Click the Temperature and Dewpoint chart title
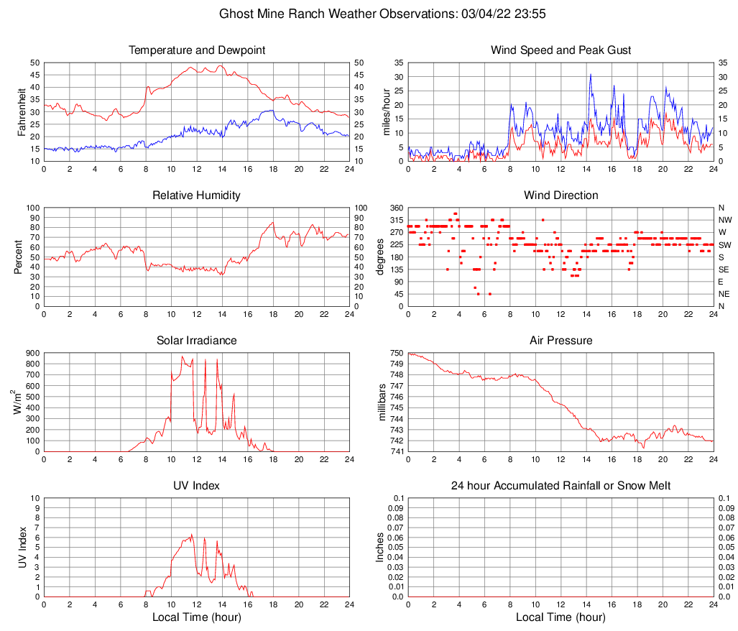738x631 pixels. [x=196, y=50]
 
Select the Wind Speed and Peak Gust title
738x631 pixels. [x=561, y=50]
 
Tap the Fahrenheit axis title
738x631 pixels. [x=22, y=111]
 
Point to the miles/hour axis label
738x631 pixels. [x=386, y=111]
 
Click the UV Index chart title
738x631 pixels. [x=196, y=486]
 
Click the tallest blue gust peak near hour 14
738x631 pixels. [x=591, y=74]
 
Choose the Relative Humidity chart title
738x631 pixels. [x=196, y=195]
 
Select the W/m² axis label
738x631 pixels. [x=17, y=402]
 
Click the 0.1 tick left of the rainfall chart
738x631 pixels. [x=397, y=498]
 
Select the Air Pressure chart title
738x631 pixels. [x=561, y=341]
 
